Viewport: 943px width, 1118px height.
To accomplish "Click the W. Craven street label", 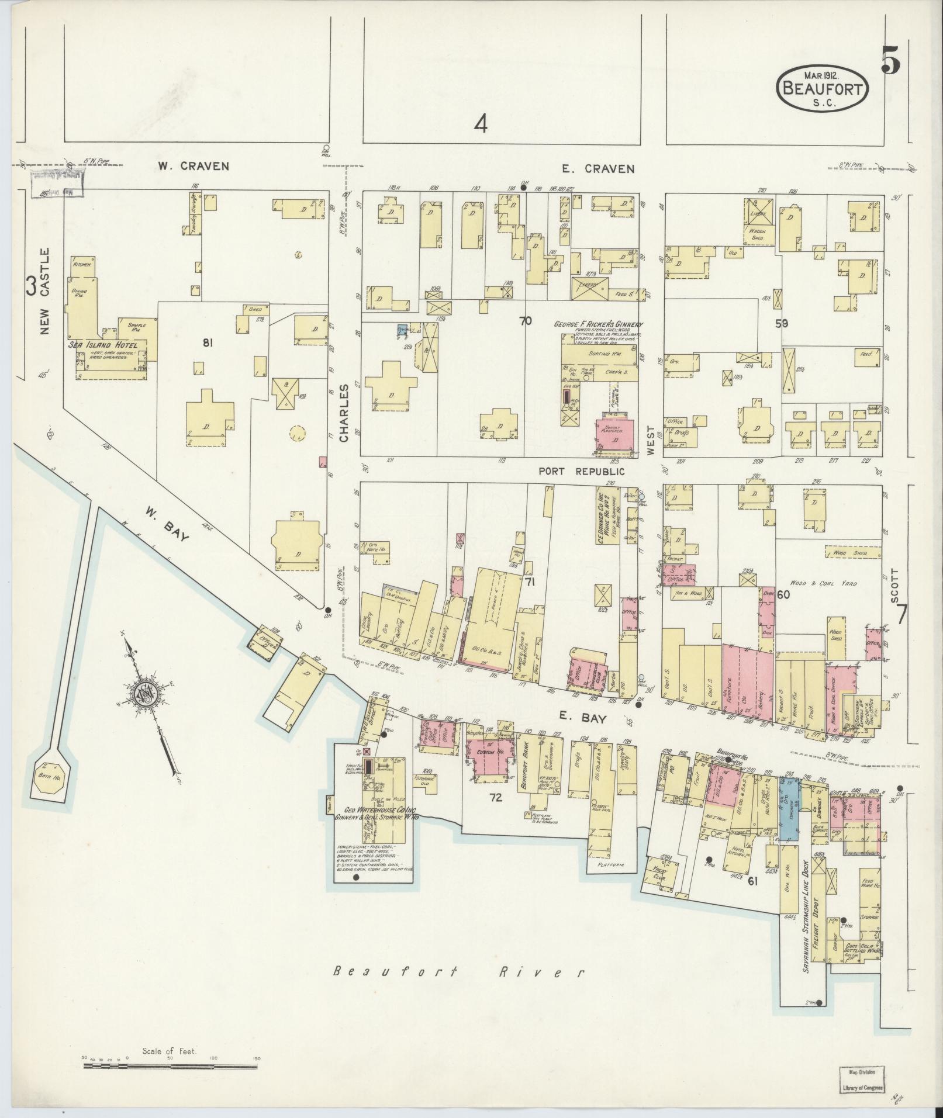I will [192, 167].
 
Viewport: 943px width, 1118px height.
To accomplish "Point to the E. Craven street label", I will [606, 169].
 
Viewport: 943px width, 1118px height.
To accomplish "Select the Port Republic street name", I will [581, 471].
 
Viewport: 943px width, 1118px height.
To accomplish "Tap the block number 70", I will [526, 320].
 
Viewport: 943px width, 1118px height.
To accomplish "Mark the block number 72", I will [496, 797].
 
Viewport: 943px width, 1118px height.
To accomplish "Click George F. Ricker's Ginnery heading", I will [598, 324].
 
